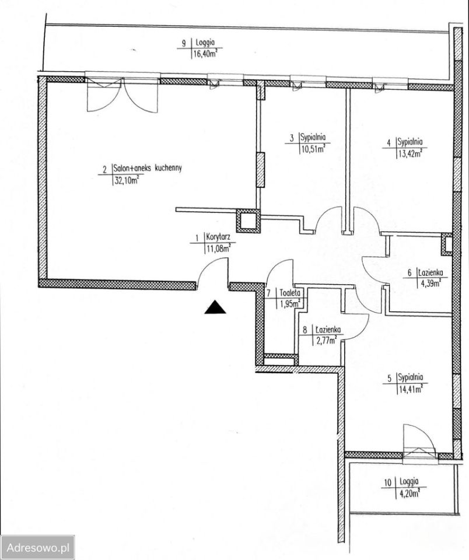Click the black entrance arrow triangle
[215, 307]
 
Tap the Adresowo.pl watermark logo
[37, 548]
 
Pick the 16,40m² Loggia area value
[205, 54]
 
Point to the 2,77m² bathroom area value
[325, 340]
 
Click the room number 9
[184, 43]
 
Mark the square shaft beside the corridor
[249, 222]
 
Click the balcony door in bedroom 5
[419, 443]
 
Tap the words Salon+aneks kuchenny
[148, 168]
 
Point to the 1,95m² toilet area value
[288, 304]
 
